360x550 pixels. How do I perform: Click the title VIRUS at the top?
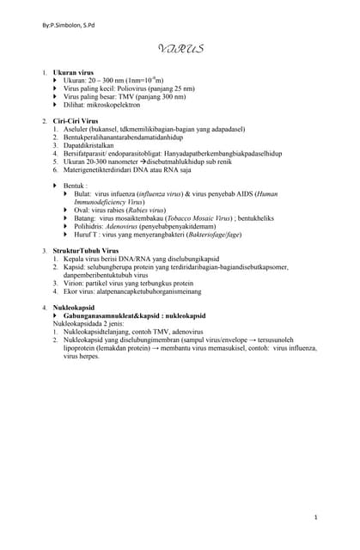[180, 49]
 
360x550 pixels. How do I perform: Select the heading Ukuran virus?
[74, 74]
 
